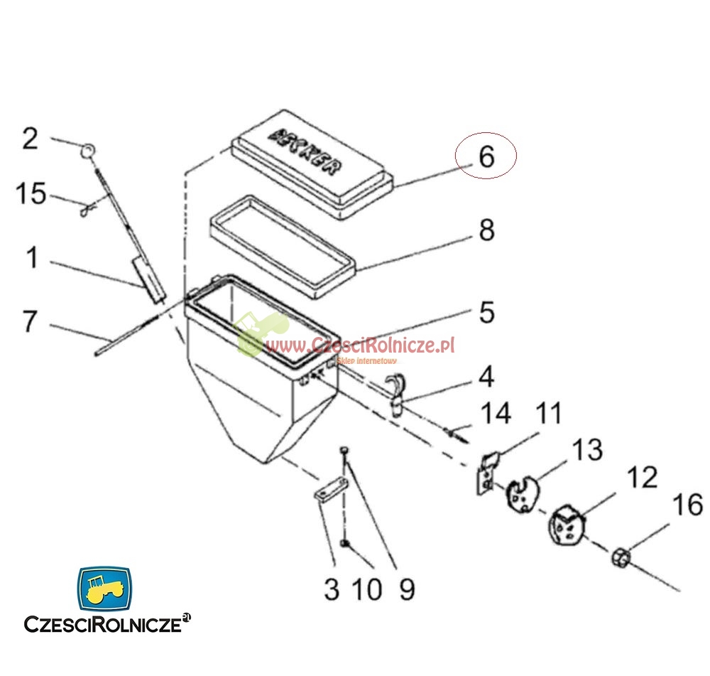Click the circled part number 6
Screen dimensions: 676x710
(486, 156)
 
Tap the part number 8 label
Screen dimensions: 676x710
(486, 230)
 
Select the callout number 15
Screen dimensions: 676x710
(32, 193)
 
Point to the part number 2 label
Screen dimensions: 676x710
(29, 138)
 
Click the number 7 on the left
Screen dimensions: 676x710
(29, 321)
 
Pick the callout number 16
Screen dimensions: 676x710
(687, 505)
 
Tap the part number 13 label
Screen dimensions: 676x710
(587, 449)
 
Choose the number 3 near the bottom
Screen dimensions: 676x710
(332, 589)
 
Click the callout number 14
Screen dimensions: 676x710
(496, 413)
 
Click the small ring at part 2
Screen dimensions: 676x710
(88, 150)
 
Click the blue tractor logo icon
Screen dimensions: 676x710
(104, 588)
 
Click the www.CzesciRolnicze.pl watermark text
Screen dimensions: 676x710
(360, 345)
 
